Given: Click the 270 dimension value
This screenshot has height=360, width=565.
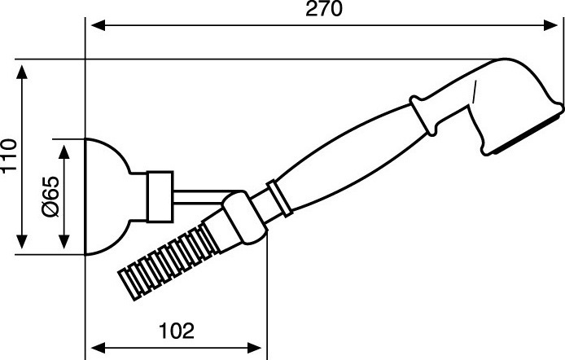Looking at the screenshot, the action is point(323,9).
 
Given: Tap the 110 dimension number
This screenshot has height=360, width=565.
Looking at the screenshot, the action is point(9,156).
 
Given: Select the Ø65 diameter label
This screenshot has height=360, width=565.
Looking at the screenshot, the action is point(50,196).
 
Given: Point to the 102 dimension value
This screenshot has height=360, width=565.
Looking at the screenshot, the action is point(177,331).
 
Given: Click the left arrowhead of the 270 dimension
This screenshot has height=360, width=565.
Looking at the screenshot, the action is point(99,25).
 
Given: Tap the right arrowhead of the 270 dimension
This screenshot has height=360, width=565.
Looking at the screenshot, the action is point(550,25).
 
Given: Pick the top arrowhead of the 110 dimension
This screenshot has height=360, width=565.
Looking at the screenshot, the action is point(22,72).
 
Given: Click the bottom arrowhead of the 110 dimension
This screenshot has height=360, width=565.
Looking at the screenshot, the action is point(22,241).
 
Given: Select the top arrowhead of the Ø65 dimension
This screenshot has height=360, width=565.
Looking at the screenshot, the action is point(64,152).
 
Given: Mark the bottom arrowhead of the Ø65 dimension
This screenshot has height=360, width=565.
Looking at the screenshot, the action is point(64,241).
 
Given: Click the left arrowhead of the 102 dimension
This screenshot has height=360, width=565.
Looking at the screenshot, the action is point(99,348).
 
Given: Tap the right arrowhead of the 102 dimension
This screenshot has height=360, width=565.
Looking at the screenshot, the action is point(254,348).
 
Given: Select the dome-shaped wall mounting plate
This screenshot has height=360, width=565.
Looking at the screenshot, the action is point(107,196).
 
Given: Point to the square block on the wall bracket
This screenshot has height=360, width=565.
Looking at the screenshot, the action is point(160,196).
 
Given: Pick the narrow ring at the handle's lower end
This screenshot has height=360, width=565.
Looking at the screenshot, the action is point(279,199).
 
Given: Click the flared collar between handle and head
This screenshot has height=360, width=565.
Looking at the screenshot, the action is point(425,115).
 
